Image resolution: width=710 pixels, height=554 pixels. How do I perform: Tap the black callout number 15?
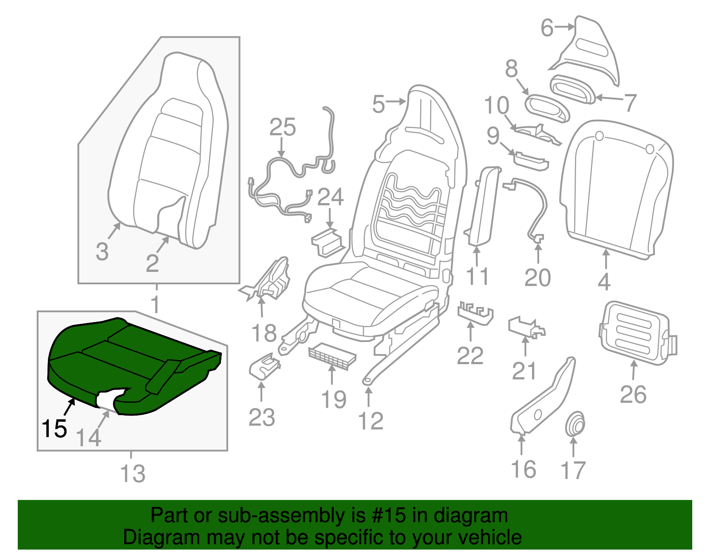54,428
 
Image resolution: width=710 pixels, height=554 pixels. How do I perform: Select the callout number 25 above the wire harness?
283,128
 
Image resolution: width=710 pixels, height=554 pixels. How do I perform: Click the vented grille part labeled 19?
332,356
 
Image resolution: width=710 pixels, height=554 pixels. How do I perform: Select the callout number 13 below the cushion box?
133,474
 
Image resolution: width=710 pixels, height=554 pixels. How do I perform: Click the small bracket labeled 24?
328,242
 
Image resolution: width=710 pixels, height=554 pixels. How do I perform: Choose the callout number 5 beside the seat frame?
378,105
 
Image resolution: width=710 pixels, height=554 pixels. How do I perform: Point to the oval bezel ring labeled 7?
572,89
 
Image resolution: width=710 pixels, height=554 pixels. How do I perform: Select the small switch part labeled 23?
264,367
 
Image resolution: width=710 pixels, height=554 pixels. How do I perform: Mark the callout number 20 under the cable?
537,278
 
